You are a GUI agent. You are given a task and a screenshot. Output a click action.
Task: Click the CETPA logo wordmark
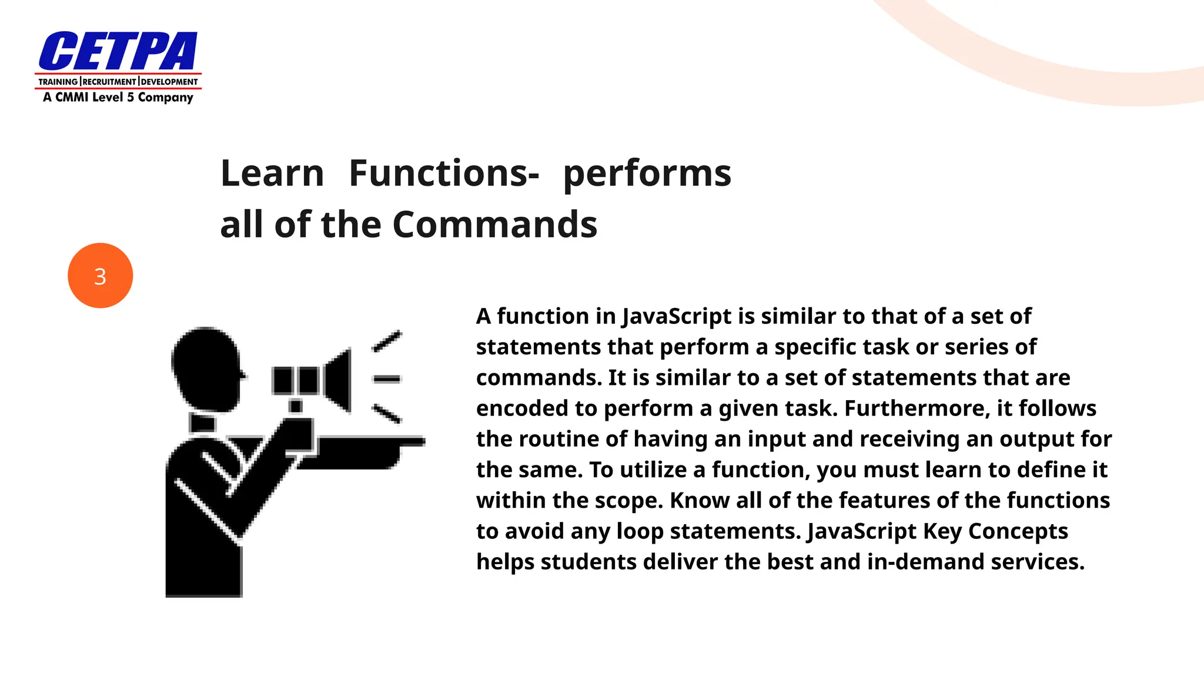[118, 52]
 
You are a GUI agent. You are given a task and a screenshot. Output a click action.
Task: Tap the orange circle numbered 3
[100, 276]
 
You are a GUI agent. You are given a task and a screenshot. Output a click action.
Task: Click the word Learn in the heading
[272, 173]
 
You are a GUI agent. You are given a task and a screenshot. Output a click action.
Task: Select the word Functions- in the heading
[444, 173]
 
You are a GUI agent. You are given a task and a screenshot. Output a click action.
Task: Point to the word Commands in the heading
[494, 224]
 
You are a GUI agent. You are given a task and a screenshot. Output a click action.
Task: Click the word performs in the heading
[647, 175]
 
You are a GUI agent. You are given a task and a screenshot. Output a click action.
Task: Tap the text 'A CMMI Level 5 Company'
[118, 98]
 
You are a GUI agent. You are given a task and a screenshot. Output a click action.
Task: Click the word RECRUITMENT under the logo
[109, 82]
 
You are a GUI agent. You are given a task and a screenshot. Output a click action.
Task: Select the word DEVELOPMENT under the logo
[169, 82]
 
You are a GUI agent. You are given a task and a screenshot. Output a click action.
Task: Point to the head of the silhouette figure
[206, 367]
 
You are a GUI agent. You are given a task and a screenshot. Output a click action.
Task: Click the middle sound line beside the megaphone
[387, 380]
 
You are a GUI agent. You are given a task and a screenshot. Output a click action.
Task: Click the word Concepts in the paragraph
[1018, 531]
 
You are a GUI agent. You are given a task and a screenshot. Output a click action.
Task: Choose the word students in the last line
[588, 562]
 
